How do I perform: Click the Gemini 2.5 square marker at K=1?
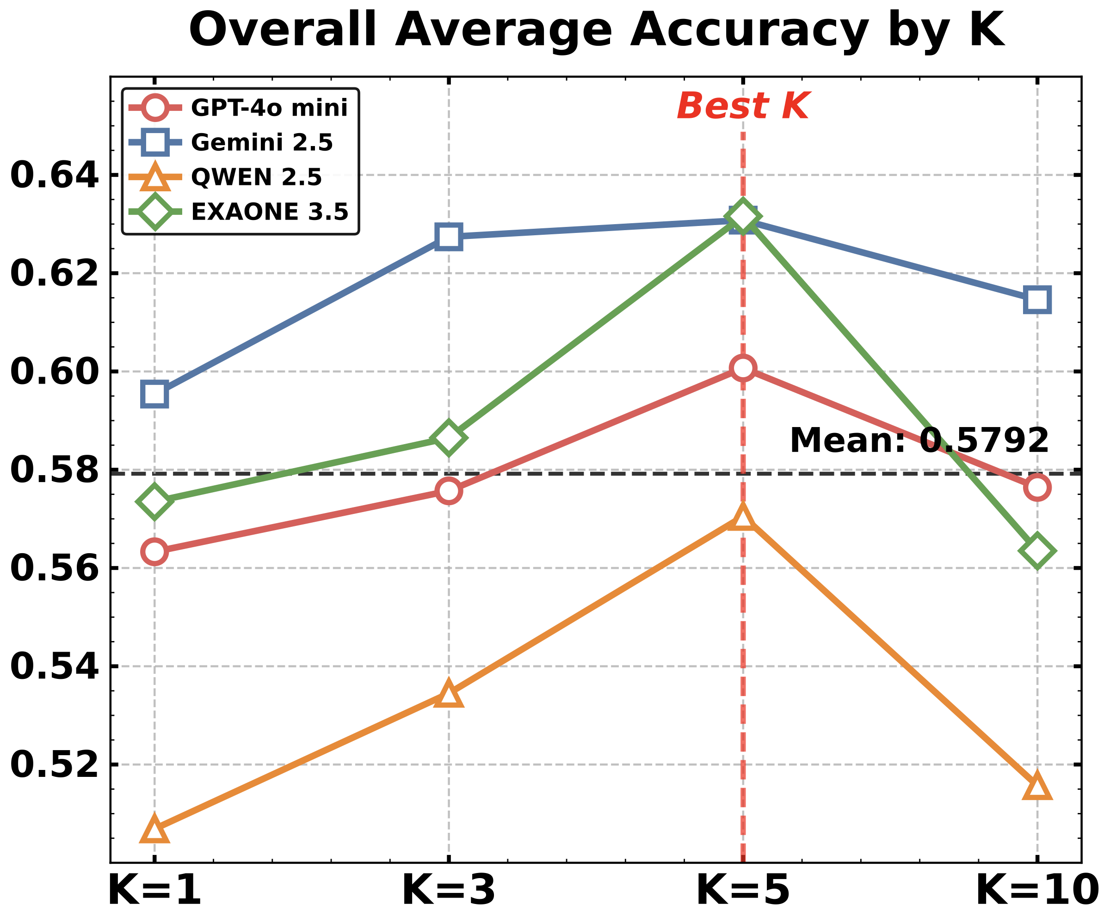coord(154,395)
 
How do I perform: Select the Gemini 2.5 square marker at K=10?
coord(1037,300)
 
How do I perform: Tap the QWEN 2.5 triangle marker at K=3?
coord(449,695)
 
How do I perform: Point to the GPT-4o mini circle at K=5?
coord(743,367)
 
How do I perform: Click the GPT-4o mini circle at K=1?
coord(154,552)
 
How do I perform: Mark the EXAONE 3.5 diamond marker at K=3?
coord(449,438)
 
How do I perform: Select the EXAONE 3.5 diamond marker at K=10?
coord(1037,551)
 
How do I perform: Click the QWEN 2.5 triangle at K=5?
coord(743,518)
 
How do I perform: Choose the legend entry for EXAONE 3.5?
coord(270,212)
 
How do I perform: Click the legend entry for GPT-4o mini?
coord(269,108)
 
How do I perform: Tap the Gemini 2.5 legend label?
coord(262,143)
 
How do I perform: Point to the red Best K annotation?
coord(743,106)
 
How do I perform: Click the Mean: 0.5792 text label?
coord(919,440)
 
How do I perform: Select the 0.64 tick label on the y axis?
coord(55,175)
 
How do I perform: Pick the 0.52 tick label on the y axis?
coord(55,765)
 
